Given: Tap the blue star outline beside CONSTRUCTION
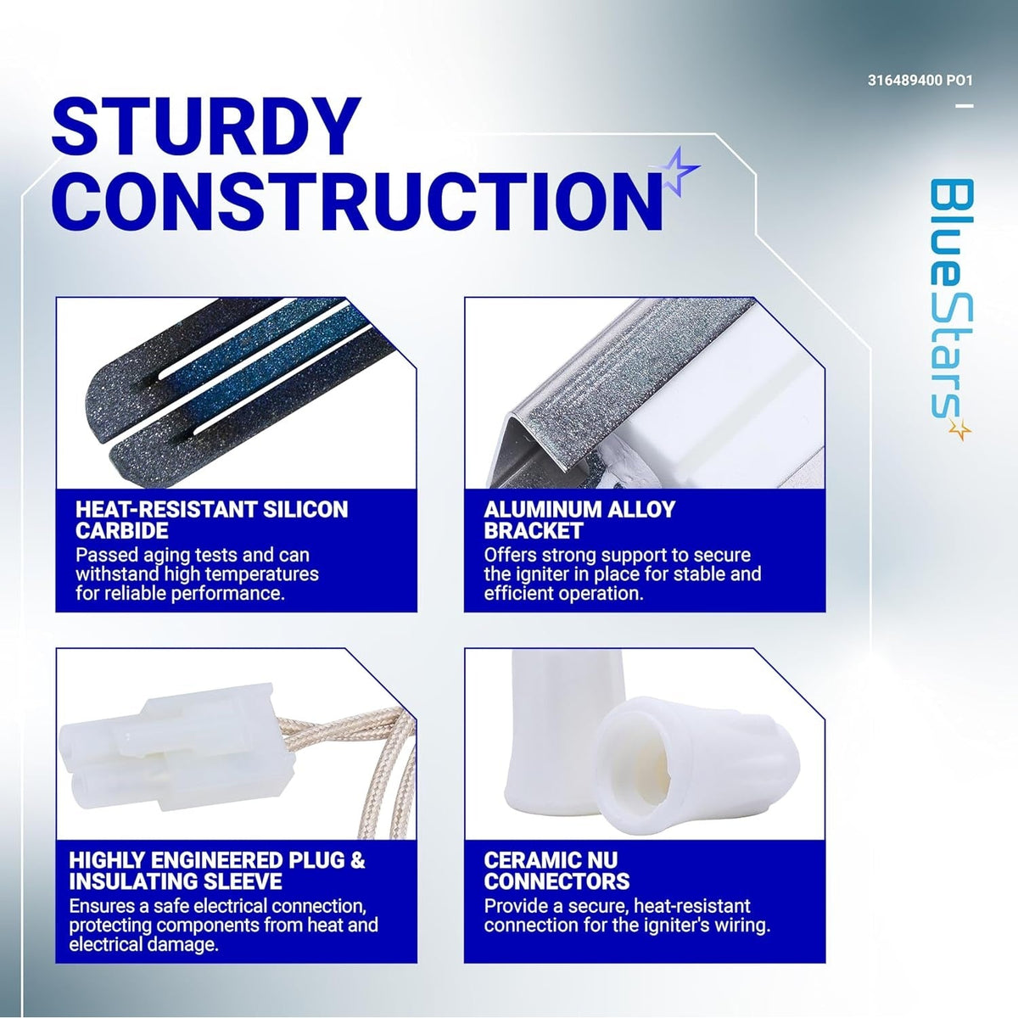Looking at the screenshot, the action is coord(677,171).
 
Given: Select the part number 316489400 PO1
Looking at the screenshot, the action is coord(920,81).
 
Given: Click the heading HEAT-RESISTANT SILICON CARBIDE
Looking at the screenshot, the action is coord(212,520).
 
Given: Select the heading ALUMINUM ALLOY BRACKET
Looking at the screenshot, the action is coord(579,520).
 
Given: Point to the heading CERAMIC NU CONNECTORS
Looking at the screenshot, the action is coord(557,870).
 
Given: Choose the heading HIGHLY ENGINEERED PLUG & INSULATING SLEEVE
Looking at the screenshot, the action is coord(217,870).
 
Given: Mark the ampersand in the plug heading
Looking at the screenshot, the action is coord(358,860).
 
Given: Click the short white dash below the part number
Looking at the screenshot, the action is coord(965,106).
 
